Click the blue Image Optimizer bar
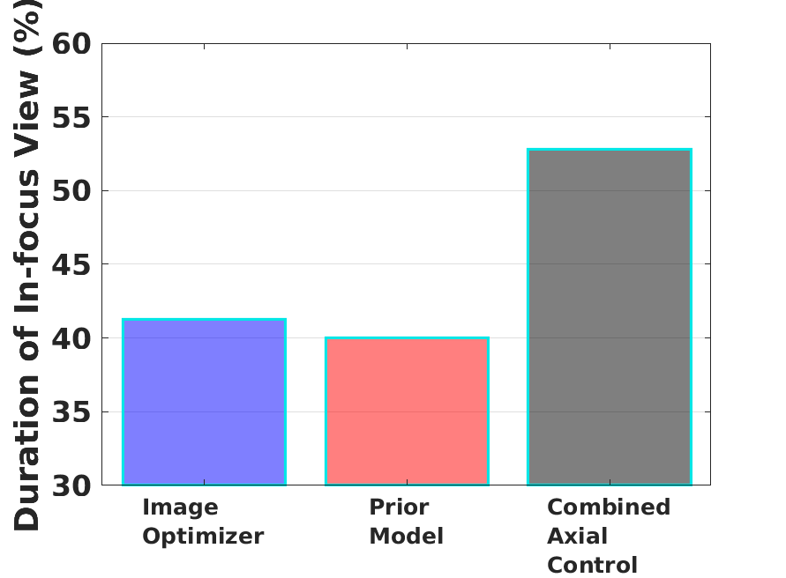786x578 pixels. pyautogui.click(x=204, y=402)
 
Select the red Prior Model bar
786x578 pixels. pyautogui.click(x=407, y=411)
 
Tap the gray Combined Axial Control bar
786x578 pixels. pyautogui.click(x=610, y=317)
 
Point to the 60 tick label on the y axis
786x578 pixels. pyautogui.click(x=71, y=44)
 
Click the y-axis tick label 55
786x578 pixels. pyautogui.click(x=71, y=118)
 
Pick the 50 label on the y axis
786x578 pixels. pyautogui.click(x=71, y=191)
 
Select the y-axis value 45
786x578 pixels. pyautogui.click(x=71, y=264)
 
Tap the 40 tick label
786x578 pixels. pyautogui.click(x=71, y=338)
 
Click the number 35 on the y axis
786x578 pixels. pyautogui.click(x=71, y=412)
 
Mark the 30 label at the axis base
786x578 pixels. pyautogui.click(x=71, y=485)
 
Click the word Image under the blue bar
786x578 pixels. pyautogui.click(x=181, y=508)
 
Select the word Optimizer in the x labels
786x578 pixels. pyautogui.click(x=203, y=537)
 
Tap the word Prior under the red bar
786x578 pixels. pyautogui.click(x=399, y=507)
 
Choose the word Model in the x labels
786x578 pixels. pyautogui.click(x=407, y=536)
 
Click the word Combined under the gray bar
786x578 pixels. pyautogui.click(x=609, y=507)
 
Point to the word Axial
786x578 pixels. pyautogui.click(x=578, y=536)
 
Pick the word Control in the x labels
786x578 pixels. pyautogui.click(x=593, y=565)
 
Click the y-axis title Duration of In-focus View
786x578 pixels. pyautogui.click(x=26, y=300)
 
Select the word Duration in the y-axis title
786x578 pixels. pyautogui.click(x=26, y=452)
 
